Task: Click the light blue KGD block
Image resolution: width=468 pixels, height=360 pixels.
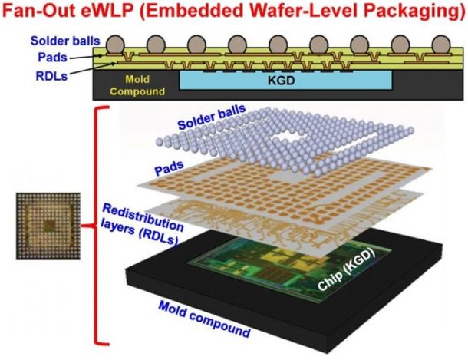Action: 285,81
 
